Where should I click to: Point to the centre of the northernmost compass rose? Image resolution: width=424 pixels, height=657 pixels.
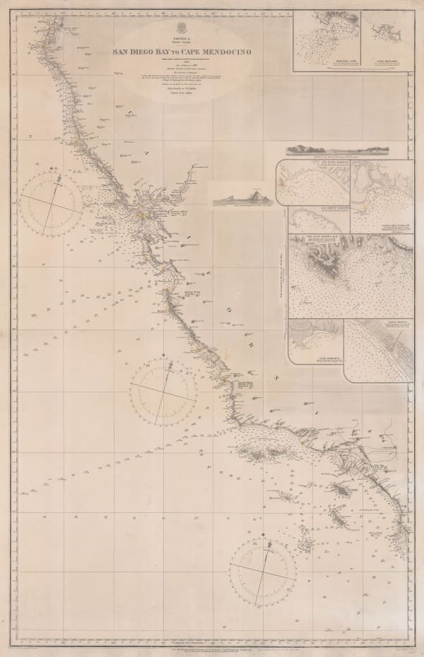(52, 205)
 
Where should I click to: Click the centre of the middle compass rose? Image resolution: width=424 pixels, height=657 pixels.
(163, 388)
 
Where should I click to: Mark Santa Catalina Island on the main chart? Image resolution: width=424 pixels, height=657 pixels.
(346, 488)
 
